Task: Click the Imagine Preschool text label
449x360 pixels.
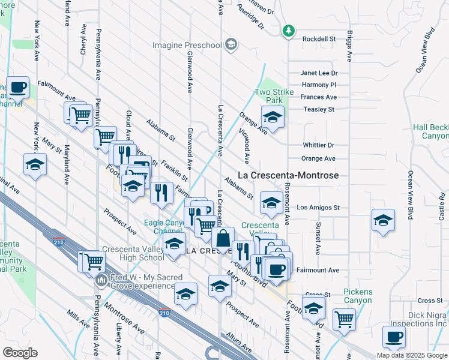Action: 187,45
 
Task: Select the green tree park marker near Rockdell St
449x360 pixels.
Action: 289,30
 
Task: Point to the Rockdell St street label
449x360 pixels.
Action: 319,38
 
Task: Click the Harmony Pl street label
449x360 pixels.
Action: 319,85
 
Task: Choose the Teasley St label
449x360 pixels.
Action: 319,109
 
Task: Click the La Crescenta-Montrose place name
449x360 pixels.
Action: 288,175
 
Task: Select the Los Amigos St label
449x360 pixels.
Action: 318,208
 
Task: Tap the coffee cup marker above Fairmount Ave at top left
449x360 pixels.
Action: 18,87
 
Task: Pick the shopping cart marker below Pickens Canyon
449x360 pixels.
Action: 344,319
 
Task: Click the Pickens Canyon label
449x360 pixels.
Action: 358,296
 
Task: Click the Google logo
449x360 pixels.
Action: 20,353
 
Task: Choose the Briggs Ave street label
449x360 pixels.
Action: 349,45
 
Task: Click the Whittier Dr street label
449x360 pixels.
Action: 318,145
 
